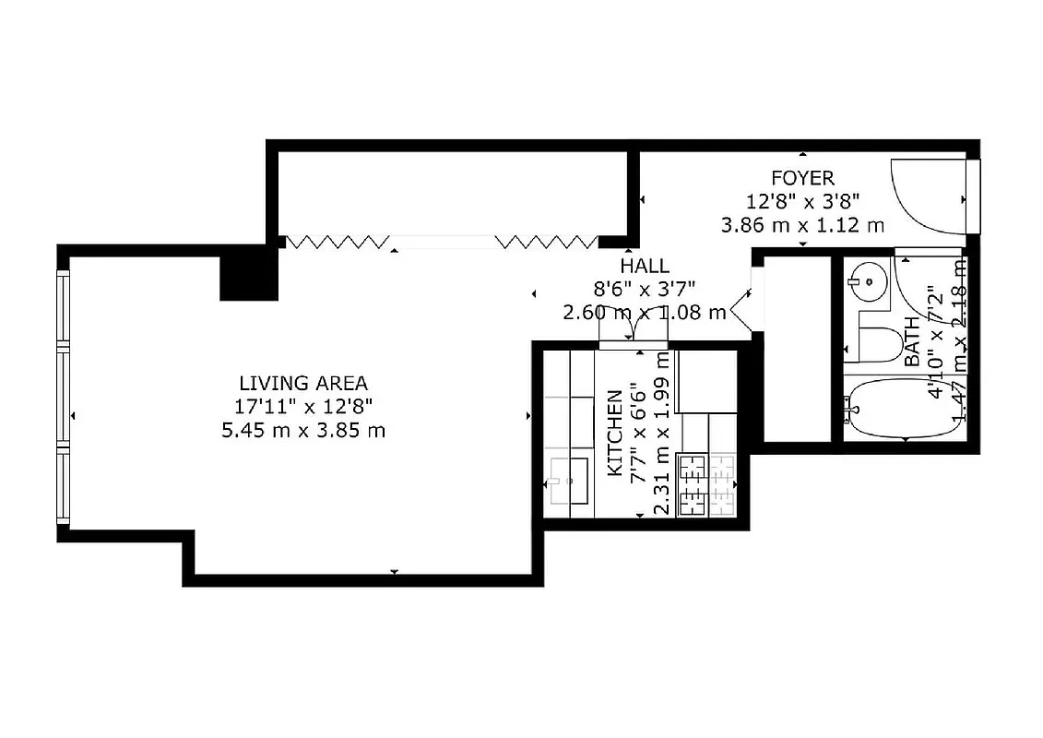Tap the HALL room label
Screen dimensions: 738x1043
(x=645, y=267)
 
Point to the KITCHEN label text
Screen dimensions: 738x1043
(x=614, y=432)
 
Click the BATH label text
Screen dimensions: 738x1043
(x=912, y=342)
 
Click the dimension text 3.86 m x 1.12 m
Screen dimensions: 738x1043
(x=802, y=224)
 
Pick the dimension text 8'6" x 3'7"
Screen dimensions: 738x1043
(x=645, y=289)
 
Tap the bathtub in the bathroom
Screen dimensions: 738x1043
(x=900, y=407)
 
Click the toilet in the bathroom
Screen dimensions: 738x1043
(x=876, y=342)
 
